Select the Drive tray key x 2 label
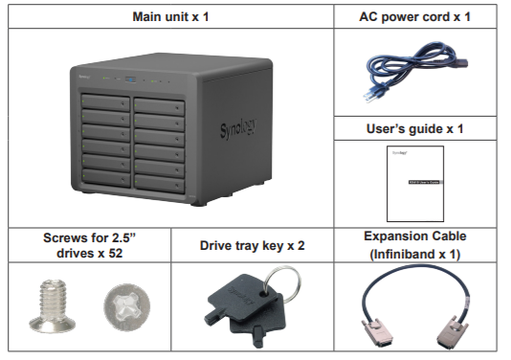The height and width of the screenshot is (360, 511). point(251,245)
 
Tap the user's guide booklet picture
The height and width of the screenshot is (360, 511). point(415,182)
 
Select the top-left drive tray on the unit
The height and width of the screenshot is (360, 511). point(103,101)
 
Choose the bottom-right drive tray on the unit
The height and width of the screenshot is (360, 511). point(160,179)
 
